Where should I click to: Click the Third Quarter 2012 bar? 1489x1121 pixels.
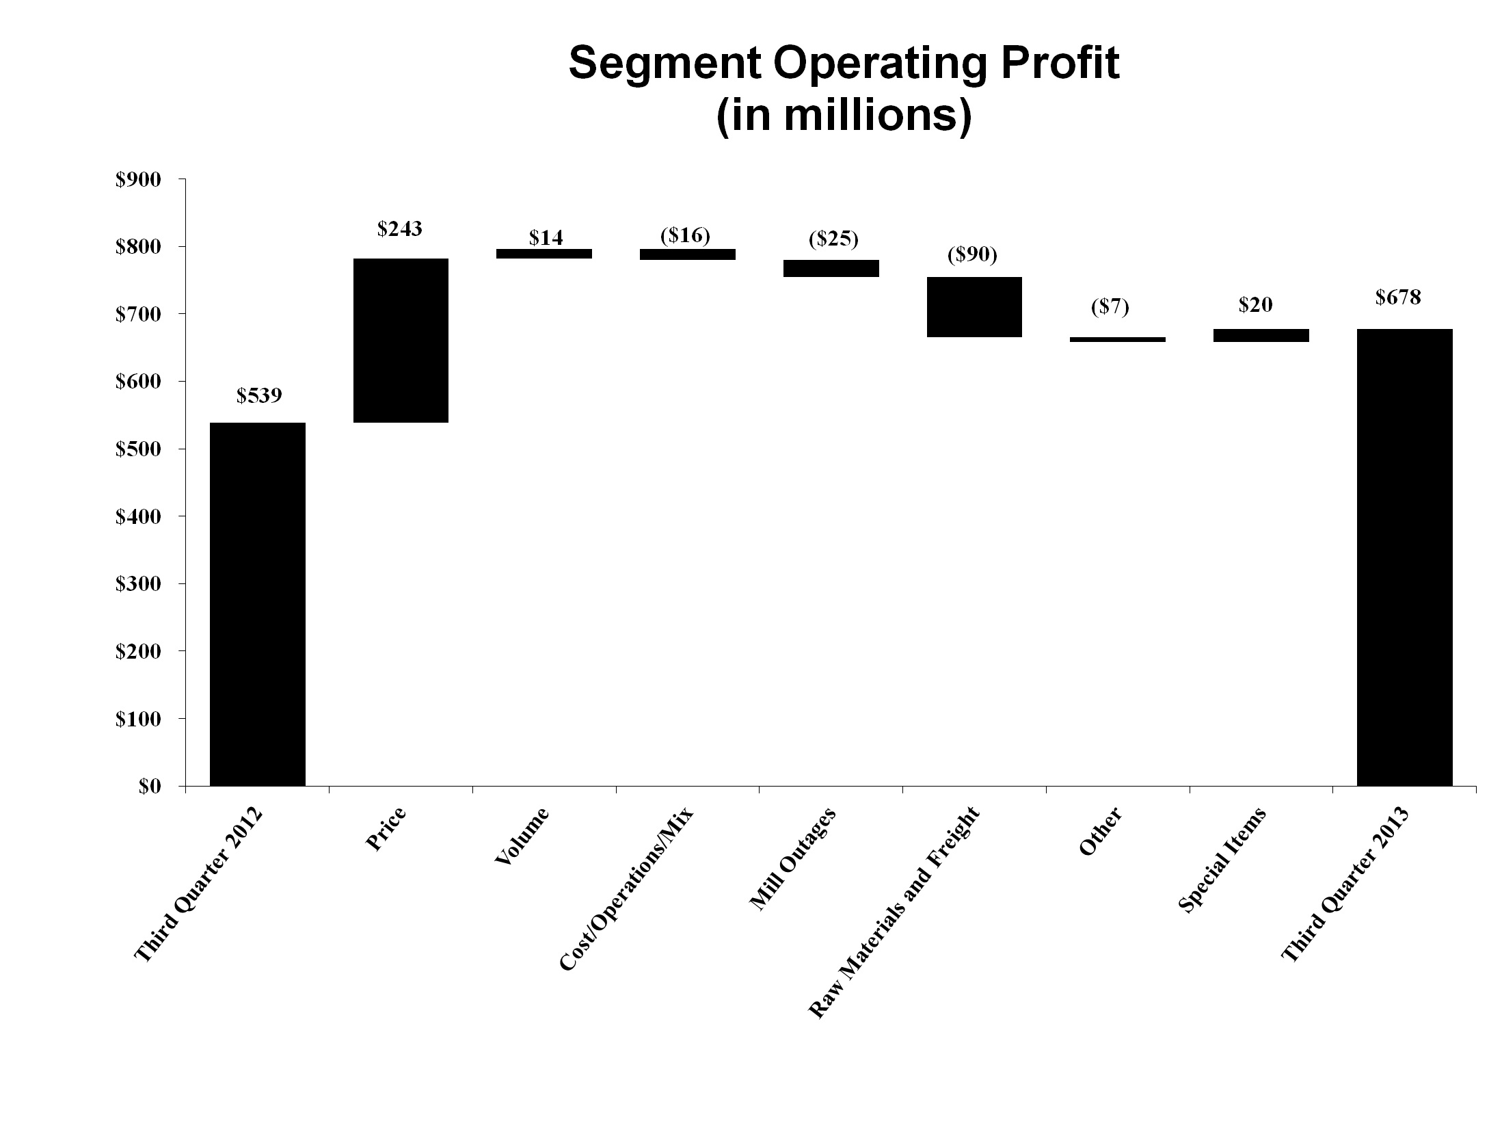click(x=258, y=604)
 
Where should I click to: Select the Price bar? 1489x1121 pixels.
click(x=401, y=340)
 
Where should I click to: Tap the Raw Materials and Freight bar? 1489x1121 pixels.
click(x=974, y=306)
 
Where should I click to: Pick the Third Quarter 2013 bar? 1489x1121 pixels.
click(x=1404, y=557)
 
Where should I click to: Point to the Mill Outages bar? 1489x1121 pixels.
click(x=831, y=268)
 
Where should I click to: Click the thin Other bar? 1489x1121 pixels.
click(x=1117, y=339)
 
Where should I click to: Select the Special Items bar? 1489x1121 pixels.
click(x=1261, y=335)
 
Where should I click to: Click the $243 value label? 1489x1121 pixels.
click(x=400, y=228)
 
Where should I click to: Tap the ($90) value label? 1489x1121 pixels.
click(x=972, y=255)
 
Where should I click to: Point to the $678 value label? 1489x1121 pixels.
click(x=1398, y=298)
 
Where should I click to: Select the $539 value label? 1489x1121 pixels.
click(x=259, y=396)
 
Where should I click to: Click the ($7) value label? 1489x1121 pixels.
click(x=1110, y=307)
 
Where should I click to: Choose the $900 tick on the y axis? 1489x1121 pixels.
click(x=138, y=180)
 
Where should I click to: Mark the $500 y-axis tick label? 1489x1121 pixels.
click(x=138, y=449)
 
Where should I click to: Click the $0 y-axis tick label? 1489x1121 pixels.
click(x=150, y=787)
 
